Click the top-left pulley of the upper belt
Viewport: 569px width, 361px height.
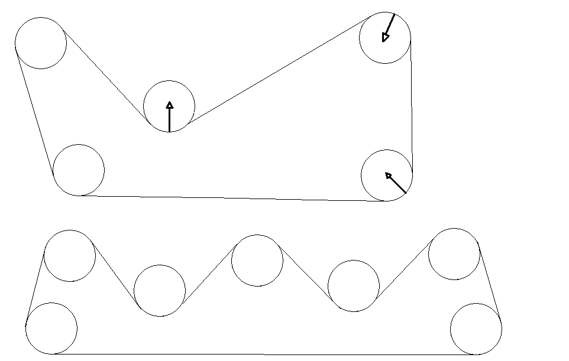pos(41,43)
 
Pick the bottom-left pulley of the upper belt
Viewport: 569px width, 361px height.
pos(79,170)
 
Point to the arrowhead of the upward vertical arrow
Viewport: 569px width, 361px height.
pos(170,105)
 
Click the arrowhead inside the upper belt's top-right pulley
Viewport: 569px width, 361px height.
pos(386,38)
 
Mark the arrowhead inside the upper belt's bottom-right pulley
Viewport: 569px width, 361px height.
pos(389,175)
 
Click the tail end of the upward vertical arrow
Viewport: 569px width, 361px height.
pos(170,131)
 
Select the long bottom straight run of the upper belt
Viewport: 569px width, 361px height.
pos(231,198)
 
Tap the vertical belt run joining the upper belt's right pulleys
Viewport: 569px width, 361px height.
pos(411,106)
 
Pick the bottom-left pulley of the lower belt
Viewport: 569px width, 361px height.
pos(51,329)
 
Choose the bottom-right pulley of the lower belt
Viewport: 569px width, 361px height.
pos(476,329)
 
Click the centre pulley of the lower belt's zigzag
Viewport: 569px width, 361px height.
pos(257,261)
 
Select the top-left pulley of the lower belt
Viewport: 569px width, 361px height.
pos(70,256)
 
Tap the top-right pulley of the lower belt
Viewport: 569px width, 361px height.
pos(454,254)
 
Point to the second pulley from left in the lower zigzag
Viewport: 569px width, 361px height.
pos(160,291)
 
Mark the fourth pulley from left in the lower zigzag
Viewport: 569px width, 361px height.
pos(353,286)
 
